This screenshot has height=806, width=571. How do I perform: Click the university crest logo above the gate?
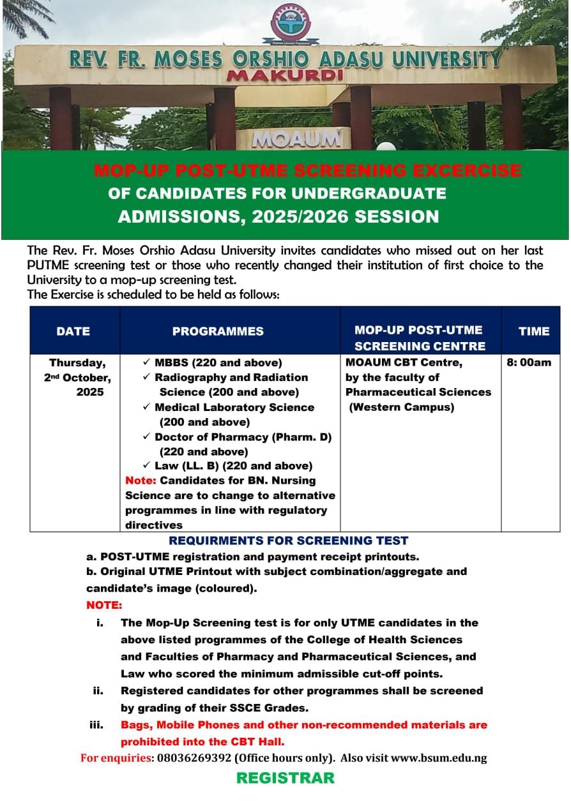click(x=291, y=23)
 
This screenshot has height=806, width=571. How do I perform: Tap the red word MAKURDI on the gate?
click(x=285, y=75)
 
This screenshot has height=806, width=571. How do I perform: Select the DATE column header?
click(x=73, y=331)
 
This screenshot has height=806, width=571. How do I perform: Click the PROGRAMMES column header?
click(x=218, y=331)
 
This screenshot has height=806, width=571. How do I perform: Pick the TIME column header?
click(x=534, y=331)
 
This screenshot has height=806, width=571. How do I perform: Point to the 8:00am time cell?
click(x=529, y=362)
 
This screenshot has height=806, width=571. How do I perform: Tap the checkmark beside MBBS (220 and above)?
click(x=147, y=362)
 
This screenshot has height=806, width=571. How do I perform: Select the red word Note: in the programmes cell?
click(x=141, y=481)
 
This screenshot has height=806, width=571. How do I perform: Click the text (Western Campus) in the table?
click(x=401, y=407)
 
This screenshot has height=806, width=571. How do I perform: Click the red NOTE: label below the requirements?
click(x=104, y=604)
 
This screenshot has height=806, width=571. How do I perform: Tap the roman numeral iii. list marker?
click(x=96, y=725)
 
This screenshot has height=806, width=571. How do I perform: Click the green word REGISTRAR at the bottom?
click(x=285, y=778)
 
